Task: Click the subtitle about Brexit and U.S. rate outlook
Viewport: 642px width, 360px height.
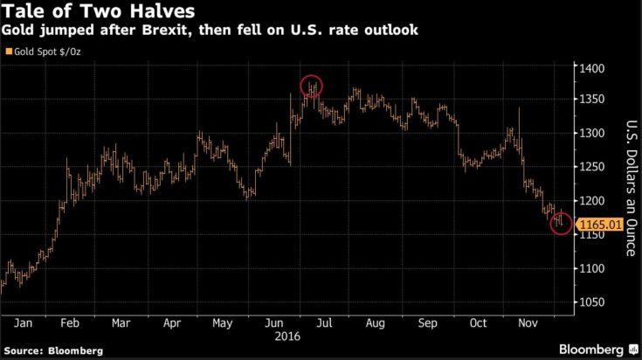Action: pos(210,31)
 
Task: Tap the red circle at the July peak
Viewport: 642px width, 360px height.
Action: pos(312,86)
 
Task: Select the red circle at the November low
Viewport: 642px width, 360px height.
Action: pos(561,224)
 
